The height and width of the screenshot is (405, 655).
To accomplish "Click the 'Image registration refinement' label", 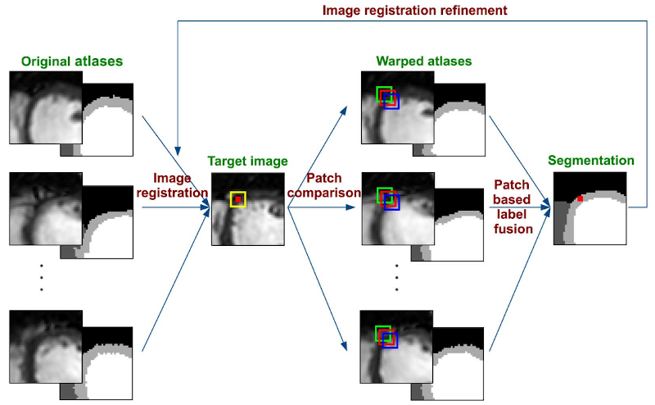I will [x=414, y=10].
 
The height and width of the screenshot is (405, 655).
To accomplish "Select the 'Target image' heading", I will [x=247, y=162].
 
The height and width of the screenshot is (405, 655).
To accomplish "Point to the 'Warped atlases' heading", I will [x=423, y=61].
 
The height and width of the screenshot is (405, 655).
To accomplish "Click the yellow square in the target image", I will [x=237, y=198].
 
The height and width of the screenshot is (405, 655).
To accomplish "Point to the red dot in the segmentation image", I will [x=580, y=198].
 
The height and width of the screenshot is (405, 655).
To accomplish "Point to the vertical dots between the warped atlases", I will [x=396, y=278].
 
